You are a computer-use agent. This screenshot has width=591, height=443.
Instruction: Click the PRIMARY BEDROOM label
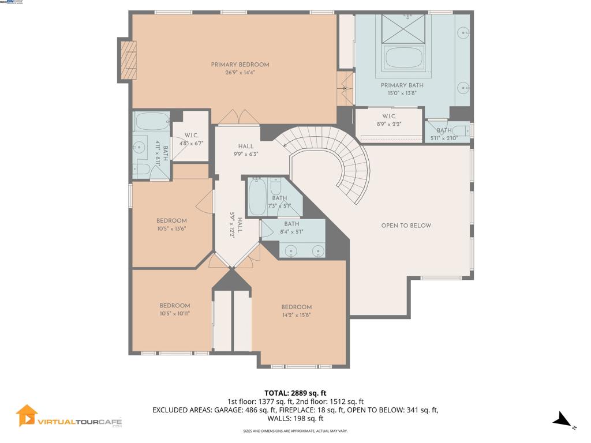click(240, 65)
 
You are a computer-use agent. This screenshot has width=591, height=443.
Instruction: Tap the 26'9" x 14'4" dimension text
click(240, 73)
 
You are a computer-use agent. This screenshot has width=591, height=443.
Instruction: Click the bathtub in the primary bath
click(404, 58)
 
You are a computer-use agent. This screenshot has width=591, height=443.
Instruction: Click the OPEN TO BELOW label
click(406, 226)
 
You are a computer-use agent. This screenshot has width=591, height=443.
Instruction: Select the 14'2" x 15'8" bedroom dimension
click(297, 315)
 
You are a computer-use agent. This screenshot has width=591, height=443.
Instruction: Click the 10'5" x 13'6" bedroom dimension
click(171, 228)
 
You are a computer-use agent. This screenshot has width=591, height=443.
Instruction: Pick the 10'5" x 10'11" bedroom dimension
click(174, 313)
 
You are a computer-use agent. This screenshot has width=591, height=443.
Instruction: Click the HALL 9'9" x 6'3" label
click(245, 150)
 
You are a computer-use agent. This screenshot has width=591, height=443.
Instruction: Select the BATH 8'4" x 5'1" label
click(291, 228)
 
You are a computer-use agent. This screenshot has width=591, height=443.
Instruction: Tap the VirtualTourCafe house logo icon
click(27, 415)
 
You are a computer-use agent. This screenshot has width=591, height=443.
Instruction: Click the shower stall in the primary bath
click(403, 27)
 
